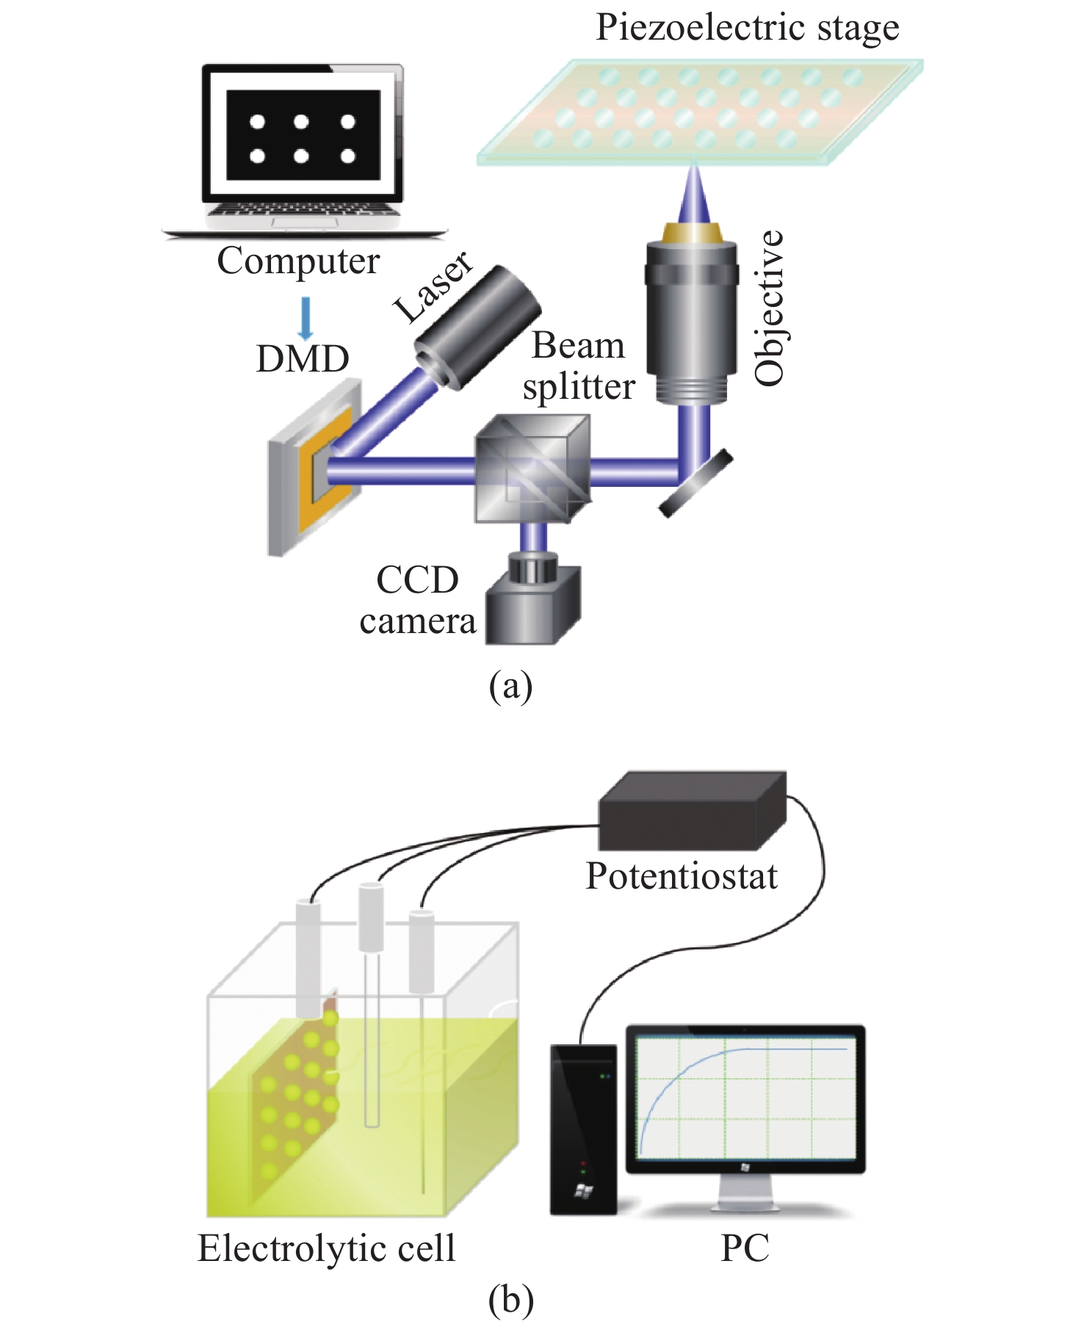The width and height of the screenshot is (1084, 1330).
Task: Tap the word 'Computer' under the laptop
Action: coord(298,261)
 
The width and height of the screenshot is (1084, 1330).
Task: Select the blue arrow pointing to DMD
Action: coord(306,317)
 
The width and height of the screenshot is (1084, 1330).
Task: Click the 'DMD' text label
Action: coord(303,359)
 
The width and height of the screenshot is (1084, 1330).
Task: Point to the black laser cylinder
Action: coord(477,327)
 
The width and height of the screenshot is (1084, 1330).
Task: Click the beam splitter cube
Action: coord(532,469)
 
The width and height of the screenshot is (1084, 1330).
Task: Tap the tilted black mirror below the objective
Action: coord(695,483)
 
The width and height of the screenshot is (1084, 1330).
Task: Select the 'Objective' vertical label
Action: coord(770,308)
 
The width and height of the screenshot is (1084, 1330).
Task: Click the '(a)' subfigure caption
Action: coord(510,686)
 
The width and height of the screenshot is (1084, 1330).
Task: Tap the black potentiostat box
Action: coord(692,812)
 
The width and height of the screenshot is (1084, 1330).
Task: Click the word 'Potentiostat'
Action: coord(681,876)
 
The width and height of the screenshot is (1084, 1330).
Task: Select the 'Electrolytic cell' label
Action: coord(327,1248)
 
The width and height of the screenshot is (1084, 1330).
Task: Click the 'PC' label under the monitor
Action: coord(745,1248)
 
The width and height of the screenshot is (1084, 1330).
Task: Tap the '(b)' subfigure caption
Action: coord(510,1300)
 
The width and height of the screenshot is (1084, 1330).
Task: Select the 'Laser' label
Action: coord(433,286)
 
